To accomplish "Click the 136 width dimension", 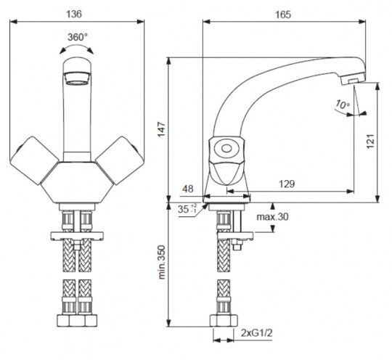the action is click(74, 14).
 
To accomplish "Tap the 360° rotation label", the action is click(78, 37).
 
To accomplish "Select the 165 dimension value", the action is click(283, 15).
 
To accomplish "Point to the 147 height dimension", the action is click(162, 129).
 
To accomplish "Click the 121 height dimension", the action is click(370, 142).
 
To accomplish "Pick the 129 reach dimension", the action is click(287, 184).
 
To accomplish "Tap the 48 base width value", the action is click(188, 189).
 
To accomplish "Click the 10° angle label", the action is click(343, 105).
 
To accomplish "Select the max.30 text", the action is click(272, 216).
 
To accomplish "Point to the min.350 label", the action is click(162, 262).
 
